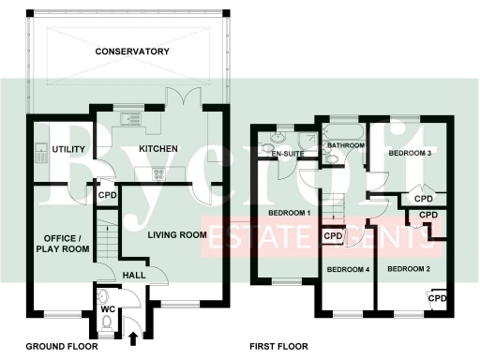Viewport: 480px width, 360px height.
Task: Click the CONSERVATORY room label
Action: click(131, 51)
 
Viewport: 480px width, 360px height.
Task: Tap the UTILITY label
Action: click(68, 150)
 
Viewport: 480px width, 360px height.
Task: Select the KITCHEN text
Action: click(158, 149)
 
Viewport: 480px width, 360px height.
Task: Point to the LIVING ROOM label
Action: click(176, 234)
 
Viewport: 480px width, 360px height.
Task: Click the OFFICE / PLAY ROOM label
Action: click(63, 244)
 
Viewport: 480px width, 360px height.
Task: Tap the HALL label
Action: click(135, 274)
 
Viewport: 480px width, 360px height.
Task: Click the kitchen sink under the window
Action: click(130, 118)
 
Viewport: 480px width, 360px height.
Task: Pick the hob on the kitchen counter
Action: click(155, 172)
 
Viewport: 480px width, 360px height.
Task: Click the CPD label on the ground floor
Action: click(108, 197)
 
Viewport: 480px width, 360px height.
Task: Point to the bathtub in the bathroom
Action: click(343, 131)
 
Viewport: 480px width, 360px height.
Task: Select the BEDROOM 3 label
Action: click(410, 152)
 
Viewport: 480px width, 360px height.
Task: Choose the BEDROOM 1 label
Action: click(290, 213)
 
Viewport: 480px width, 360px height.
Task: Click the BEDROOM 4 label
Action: click(348, 269)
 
